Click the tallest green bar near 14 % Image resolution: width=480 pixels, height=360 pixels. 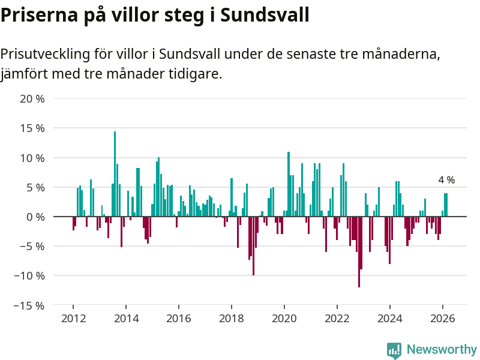click(x=115, y=174)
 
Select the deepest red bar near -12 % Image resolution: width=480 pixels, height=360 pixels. click(x=359, y=252)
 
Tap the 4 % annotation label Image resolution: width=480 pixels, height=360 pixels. click(x=446, y=180)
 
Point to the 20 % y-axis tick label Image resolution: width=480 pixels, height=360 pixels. click(x=32, y=99)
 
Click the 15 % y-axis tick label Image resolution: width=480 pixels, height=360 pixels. click(x=32, y=128)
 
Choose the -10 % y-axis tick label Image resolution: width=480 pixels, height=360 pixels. click(x=30, y=276)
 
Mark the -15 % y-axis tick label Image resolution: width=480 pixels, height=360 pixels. click(x=30, y=305)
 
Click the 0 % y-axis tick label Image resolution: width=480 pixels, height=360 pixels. click(x=35, y=217)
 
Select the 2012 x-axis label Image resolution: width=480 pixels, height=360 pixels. click(x=73, y=319)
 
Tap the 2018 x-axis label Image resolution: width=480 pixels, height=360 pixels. click(x=232, y=319)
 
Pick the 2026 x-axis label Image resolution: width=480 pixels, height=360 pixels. click(x=443, y=319)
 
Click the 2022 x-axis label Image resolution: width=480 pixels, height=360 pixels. click(x=337, y=319)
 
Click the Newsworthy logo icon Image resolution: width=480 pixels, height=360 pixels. click(x=394, y=350)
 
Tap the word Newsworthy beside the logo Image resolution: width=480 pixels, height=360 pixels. click(x=442, y=350)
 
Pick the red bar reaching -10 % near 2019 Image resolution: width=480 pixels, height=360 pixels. click(x=254, y=246)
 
